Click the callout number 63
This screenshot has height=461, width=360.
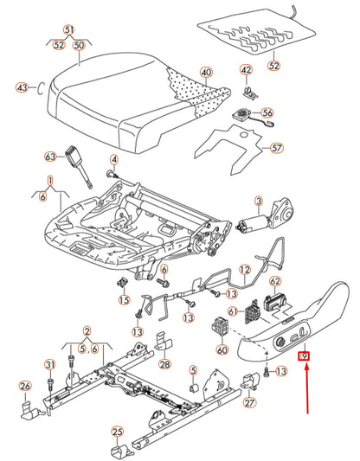click(x=50, y=157)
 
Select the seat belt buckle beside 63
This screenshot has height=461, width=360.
click(x=78, y=166)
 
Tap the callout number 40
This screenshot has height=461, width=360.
click(x=206, y=73)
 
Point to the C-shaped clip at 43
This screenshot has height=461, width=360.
click(x=41, y=88)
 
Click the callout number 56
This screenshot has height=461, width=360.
click(x=267, y=112)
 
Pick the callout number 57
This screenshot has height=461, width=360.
click(x=276, y=148)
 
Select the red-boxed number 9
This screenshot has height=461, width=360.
click(x=304, y=356)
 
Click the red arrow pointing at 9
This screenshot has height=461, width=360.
click(x=307, y=388)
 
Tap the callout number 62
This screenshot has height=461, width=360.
click(x=275, y=281)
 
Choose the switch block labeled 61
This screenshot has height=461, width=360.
click(x=253, y=312)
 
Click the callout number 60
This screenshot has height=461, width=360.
click(x=222, y=350)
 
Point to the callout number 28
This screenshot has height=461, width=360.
click(x=164, y=364)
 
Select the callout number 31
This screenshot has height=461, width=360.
click(x=50, y=365)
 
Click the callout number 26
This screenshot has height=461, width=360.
click(x=25, y=386)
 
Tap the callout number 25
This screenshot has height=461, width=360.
click(x=117, y=432)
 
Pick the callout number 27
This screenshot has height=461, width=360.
click(x=249, y=402)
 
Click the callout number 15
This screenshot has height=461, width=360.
click(x=124, y=299)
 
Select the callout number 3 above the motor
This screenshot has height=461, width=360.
click(x=259, y=202)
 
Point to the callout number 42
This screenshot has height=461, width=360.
click(x=246, y=70)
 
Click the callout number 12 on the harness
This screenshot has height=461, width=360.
click(x=245, y=269)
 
